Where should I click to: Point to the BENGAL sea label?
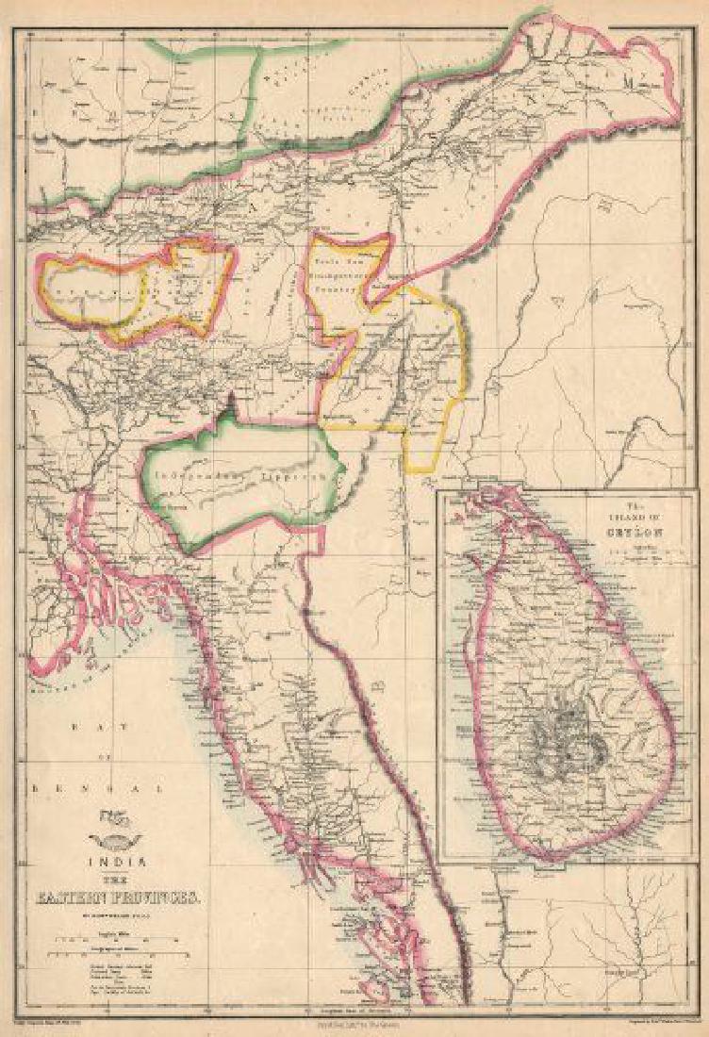coord(94,785)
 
